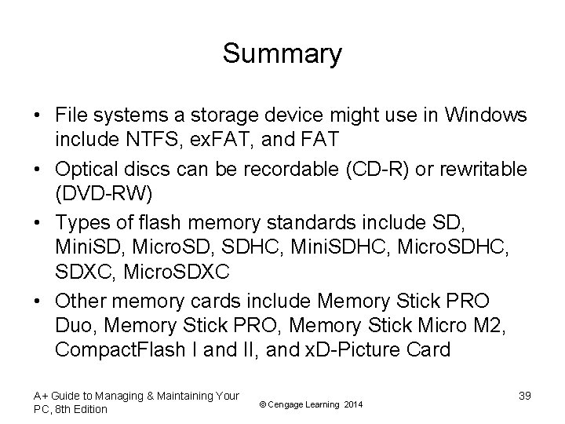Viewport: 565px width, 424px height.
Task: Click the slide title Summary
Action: [x=282, y=53]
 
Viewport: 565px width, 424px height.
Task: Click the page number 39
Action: [x=524, y=396]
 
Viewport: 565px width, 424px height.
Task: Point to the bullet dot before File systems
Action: [x=37, y=116]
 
